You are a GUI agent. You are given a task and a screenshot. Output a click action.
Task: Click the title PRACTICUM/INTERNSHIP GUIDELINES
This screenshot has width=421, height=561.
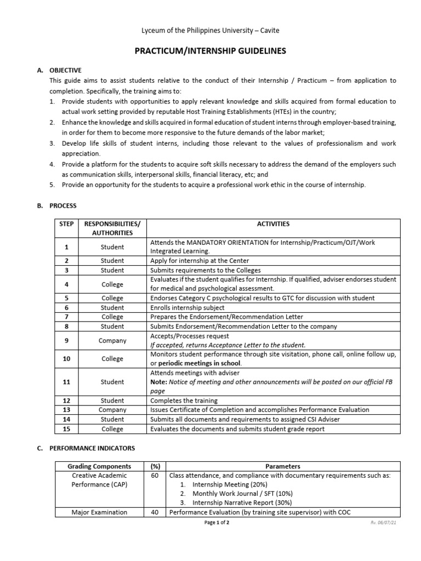click(210, 51)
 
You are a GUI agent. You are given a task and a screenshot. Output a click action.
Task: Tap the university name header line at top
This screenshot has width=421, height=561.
click(210, 31)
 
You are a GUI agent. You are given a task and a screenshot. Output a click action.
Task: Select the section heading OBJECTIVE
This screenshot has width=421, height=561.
click(65, 71)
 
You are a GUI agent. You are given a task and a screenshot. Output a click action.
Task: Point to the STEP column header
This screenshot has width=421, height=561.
click(66, 224)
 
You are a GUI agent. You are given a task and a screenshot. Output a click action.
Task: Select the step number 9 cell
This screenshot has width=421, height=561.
click(66, 340)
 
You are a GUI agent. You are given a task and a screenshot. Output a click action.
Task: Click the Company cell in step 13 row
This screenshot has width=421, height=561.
click(112, 410)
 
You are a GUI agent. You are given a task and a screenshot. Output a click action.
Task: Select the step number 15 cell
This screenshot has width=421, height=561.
click(66, 428)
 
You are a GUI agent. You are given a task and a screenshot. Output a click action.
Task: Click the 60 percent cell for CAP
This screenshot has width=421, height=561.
click(155, 476)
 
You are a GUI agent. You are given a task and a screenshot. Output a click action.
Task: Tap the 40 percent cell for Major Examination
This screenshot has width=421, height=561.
click(155, 512)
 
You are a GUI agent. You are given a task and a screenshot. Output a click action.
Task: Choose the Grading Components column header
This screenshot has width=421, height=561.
click(99, 466)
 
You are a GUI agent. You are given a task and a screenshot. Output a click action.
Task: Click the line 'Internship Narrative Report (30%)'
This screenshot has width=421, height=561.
click(242, 502)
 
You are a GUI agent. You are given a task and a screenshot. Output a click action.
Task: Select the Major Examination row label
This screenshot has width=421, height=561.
click(99, 512)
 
